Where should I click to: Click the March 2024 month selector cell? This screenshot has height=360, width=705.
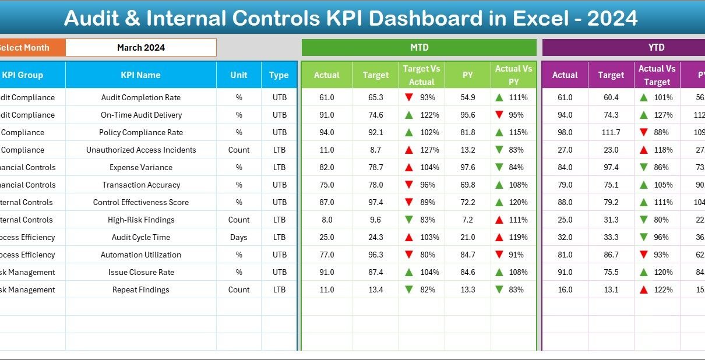(x=141, y=48)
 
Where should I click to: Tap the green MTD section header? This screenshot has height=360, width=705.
(x=419, y=48)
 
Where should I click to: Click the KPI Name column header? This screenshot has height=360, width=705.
(x=140, y=75)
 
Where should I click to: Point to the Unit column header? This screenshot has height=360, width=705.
(x=239, y=75)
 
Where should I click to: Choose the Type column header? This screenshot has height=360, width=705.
(x=279, y=75)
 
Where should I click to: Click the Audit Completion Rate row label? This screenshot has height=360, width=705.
(x=140, y=98)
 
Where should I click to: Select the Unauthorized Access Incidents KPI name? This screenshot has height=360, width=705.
(x=140, y=150)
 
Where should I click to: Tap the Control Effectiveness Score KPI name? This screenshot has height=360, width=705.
(x=140, y=203)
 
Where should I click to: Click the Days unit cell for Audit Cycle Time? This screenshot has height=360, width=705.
(x=239, y=238)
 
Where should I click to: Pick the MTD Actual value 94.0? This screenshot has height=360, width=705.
(x=327, y=133)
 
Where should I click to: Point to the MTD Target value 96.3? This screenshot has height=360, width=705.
(x=376, y=255)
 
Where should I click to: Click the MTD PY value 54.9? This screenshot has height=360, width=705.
(x=468, y=98)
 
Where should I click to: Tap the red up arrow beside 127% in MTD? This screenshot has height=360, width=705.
(x=409, y=150)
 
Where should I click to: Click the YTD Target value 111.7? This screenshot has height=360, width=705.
(x=611, y=133)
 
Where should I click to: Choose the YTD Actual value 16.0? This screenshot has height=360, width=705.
(x=565, y=290)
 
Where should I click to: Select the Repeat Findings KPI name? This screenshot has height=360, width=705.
(x=140, y=290)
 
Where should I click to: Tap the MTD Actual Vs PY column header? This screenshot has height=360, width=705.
(x=513, y=75)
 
